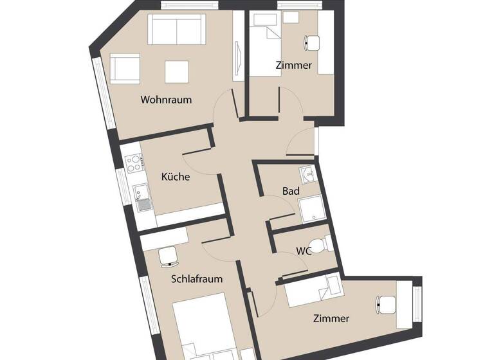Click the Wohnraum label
click(166, 100)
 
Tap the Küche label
click(175, 177)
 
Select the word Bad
click(291, 191)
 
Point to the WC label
click(304, 251)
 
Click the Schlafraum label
click(197, 279)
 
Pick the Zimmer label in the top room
click(293, 65)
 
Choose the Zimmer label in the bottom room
click(331, 318)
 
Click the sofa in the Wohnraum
click(176, 29)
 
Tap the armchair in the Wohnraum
click(125, 69)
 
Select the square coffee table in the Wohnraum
click(176, 72)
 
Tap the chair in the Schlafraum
click(169, 255)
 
